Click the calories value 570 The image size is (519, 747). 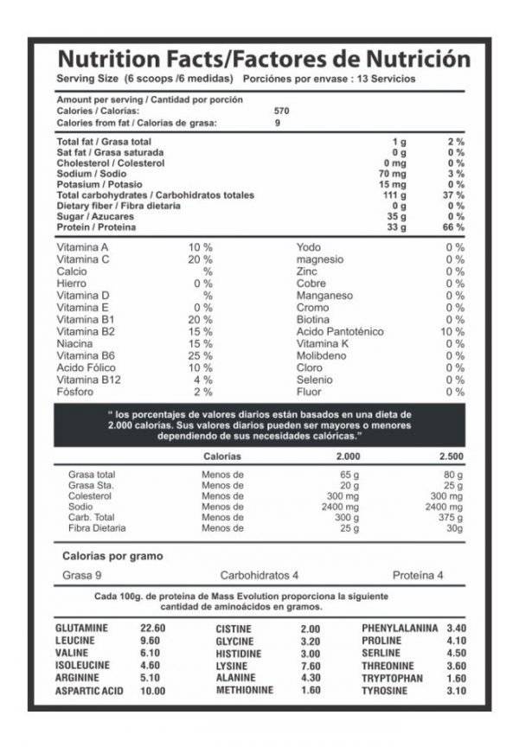pyautogui.click(x=281, y=111)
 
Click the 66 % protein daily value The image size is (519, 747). pyautogui.click(x=455, y=227)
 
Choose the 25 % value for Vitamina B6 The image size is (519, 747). pyautogui.click(x=202, y=355)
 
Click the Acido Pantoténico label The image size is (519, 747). pyautogui.click(x=339, y=331)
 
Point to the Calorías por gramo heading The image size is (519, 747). pyautogui.click(x=112, y=556)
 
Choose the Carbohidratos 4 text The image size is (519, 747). pyautogui.click(x=259, y=575)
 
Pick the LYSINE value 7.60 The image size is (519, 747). pyautogui.click(x=310, y=666)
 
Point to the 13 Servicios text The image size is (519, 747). pyautogui.click(x=389, y=78)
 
